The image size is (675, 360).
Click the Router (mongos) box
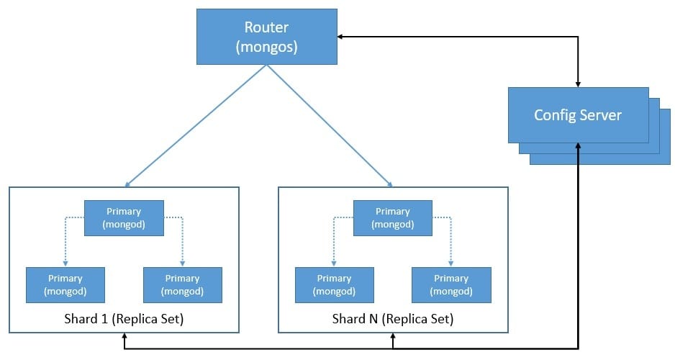(267, 36)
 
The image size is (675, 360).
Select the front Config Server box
(578, 114)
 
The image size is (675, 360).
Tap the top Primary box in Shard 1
(124, 217)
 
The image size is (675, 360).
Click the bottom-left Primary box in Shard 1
(65, 284)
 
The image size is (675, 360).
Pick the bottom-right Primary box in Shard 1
(182, 284)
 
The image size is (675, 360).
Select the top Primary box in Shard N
(392, 217)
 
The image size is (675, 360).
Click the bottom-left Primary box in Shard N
(334, 284)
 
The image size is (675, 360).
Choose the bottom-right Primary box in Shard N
(451, 284)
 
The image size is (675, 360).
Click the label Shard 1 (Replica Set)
(124, 318)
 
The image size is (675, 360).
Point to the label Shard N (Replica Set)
(392, 318)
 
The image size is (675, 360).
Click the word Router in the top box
(267, 27)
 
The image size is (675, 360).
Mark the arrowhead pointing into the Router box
(342, 36)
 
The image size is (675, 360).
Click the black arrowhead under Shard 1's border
(124, 337)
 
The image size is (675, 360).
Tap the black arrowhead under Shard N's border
(392, 337)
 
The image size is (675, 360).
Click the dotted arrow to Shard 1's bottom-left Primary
(65, 241)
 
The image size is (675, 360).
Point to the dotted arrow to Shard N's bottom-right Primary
(451, 241)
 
